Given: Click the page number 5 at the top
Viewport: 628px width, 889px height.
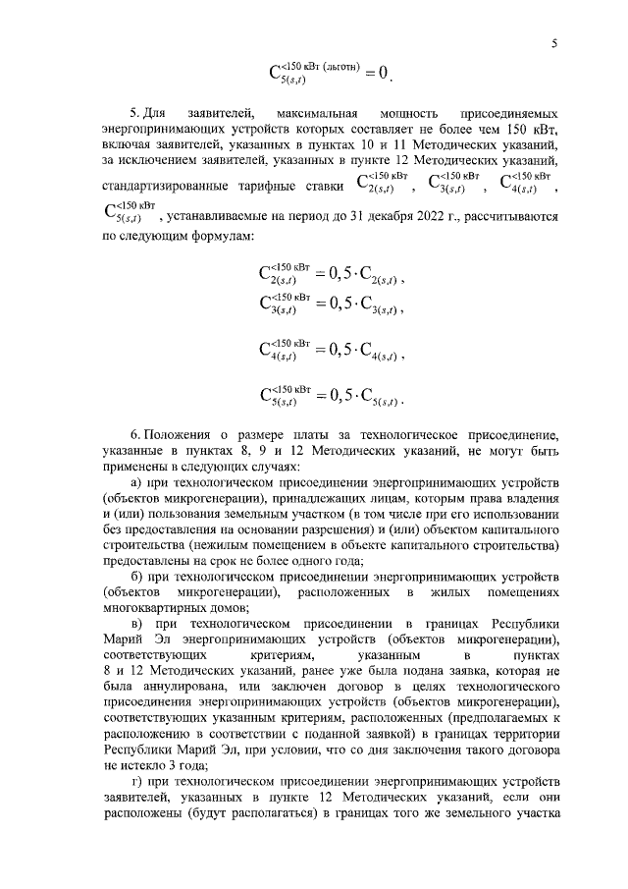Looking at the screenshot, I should pos(554,42).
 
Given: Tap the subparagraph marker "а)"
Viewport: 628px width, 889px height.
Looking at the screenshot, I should pos(137,484).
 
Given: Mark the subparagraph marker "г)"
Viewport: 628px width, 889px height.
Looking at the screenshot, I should pos(137,781).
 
